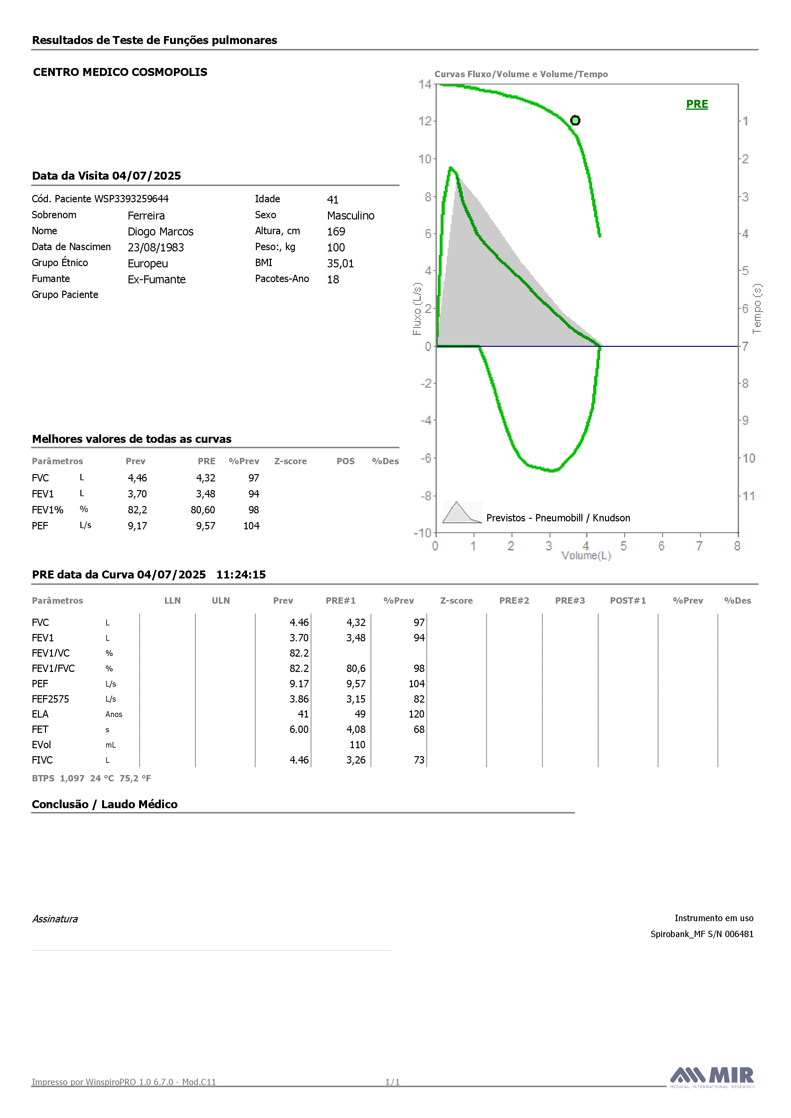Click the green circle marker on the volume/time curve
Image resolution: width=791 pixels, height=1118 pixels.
[575, 120]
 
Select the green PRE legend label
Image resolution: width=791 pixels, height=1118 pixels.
[697, 104]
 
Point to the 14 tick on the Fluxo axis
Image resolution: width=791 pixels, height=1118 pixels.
[425, 84]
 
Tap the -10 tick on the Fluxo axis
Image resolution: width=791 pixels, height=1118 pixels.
[423, 533]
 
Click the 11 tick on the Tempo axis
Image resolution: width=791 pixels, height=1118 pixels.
[748, 496]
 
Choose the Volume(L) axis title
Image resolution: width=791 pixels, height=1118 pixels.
[586, 555]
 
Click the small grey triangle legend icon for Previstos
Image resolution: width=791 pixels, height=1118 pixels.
[462, 512]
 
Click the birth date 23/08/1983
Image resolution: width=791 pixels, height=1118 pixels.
[156, 247]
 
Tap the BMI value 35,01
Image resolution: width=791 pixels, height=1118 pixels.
[340, 264]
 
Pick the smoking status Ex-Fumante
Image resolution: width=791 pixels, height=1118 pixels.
[157, 279]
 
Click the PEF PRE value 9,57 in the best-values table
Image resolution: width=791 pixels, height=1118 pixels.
[205, 526]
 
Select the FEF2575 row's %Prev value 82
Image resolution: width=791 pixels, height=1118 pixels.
[419, 699]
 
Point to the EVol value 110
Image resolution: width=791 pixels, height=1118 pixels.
[357, 745]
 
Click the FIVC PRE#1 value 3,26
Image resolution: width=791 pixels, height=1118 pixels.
[356, 760]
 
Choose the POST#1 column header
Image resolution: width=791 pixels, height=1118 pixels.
[628, 601]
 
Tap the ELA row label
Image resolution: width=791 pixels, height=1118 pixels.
[41, 714]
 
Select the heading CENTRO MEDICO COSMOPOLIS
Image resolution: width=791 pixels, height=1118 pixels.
[120, 72]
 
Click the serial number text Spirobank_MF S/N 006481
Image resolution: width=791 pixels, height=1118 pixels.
[702, 934]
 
